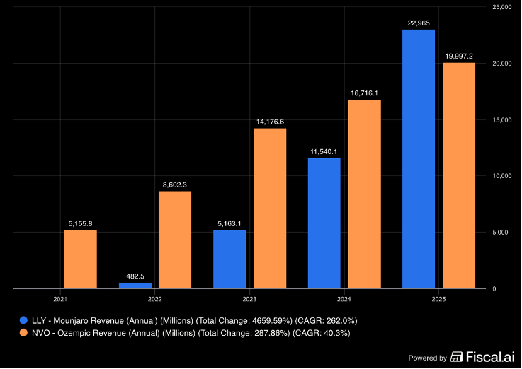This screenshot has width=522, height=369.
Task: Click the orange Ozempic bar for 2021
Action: tap(81, 259)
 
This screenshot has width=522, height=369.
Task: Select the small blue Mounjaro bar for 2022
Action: tap(135, 286)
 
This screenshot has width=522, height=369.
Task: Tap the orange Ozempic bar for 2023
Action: tap(270, 209)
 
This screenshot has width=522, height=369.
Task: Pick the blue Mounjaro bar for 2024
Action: tap(324, 223)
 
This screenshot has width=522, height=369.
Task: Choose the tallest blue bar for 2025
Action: tap(419, 159)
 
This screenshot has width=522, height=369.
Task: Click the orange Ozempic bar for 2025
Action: tap(459, 176)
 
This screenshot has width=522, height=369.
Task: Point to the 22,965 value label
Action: tap(419, 23)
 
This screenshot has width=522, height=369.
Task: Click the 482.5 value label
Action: tap(135, 276)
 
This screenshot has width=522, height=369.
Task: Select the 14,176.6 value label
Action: tap(270, 122)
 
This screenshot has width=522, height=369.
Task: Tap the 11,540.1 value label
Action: tap(324, 152)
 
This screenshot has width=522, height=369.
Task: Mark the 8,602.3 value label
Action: tap(175, 184)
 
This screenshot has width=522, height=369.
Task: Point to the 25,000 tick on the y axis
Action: tap(501, 7)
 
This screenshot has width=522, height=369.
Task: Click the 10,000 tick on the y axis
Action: tap(501, 176)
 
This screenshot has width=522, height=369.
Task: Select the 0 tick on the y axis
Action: tap(494, 288)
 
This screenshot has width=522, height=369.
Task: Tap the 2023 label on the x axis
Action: tap(249, 299)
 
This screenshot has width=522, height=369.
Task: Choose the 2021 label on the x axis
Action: tap(60, 299)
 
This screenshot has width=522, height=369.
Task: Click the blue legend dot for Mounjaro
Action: tap(23, 320)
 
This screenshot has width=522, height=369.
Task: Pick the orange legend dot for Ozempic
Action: tap(23, 332)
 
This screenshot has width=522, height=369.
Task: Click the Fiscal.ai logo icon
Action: tap(456, 357)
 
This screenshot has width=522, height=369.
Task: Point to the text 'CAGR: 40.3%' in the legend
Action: tap(322, 333)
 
